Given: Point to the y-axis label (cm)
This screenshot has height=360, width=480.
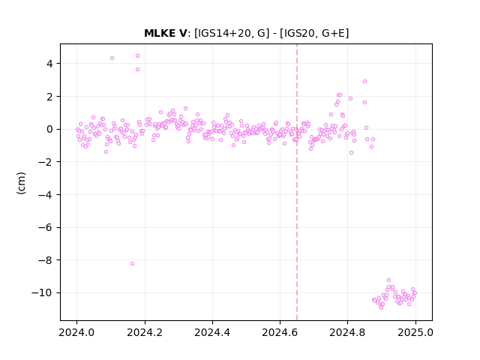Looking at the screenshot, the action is (x=22, y=183).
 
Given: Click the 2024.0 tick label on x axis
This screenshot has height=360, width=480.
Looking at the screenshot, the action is (x=77, y=332).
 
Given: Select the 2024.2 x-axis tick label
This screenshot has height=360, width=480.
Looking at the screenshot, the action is (x=145, y=332).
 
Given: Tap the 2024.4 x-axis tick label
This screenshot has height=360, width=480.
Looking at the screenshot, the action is (x=212, y=332).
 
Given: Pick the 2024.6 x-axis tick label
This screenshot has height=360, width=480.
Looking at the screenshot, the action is (x=280, y=332).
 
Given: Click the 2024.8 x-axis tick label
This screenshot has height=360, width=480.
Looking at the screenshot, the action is (x=348, y=332).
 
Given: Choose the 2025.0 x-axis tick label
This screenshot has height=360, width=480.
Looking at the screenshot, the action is (x=415, y=332).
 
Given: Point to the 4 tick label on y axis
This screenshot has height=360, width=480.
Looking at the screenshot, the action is (x=49, y=64).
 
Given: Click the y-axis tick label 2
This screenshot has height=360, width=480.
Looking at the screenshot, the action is (x=49, y=97).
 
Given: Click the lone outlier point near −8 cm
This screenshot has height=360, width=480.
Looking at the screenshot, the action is (x=132, y=263).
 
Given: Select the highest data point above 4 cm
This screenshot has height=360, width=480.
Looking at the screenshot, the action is (x=137, y=55).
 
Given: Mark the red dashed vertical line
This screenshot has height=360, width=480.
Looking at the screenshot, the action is (x=297, y=182).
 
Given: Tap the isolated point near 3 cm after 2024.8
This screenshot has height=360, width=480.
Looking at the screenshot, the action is (x=364, y=82).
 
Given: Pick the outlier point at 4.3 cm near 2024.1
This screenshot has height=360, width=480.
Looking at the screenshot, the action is (x=112, y=58).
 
